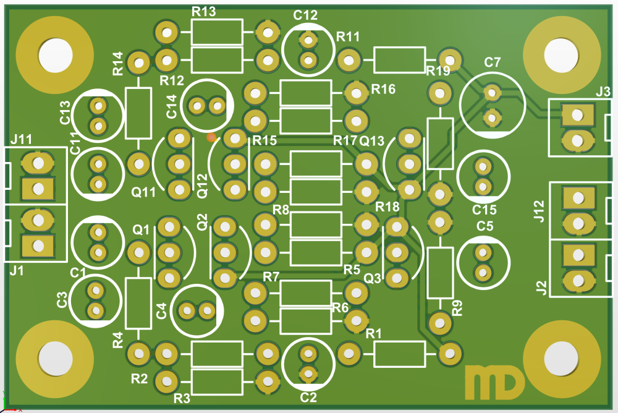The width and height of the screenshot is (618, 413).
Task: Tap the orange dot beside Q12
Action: point(211,136)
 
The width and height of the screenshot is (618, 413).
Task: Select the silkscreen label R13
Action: point(204,12)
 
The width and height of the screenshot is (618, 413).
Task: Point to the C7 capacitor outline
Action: point(493,103)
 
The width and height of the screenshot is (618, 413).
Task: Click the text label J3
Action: point(603,92)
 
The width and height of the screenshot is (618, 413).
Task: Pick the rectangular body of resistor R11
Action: point(399,60)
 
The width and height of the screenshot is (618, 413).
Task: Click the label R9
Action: point(457,308)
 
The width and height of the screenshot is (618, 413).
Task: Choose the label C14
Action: point(172,107)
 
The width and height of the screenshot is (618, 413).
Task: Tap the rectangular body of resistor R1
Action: point(399,354)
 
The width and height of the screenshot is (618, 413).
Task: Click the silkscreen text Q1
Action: point(142,229)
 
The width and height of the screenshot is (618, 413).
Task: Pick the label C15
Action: point(485,209)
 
